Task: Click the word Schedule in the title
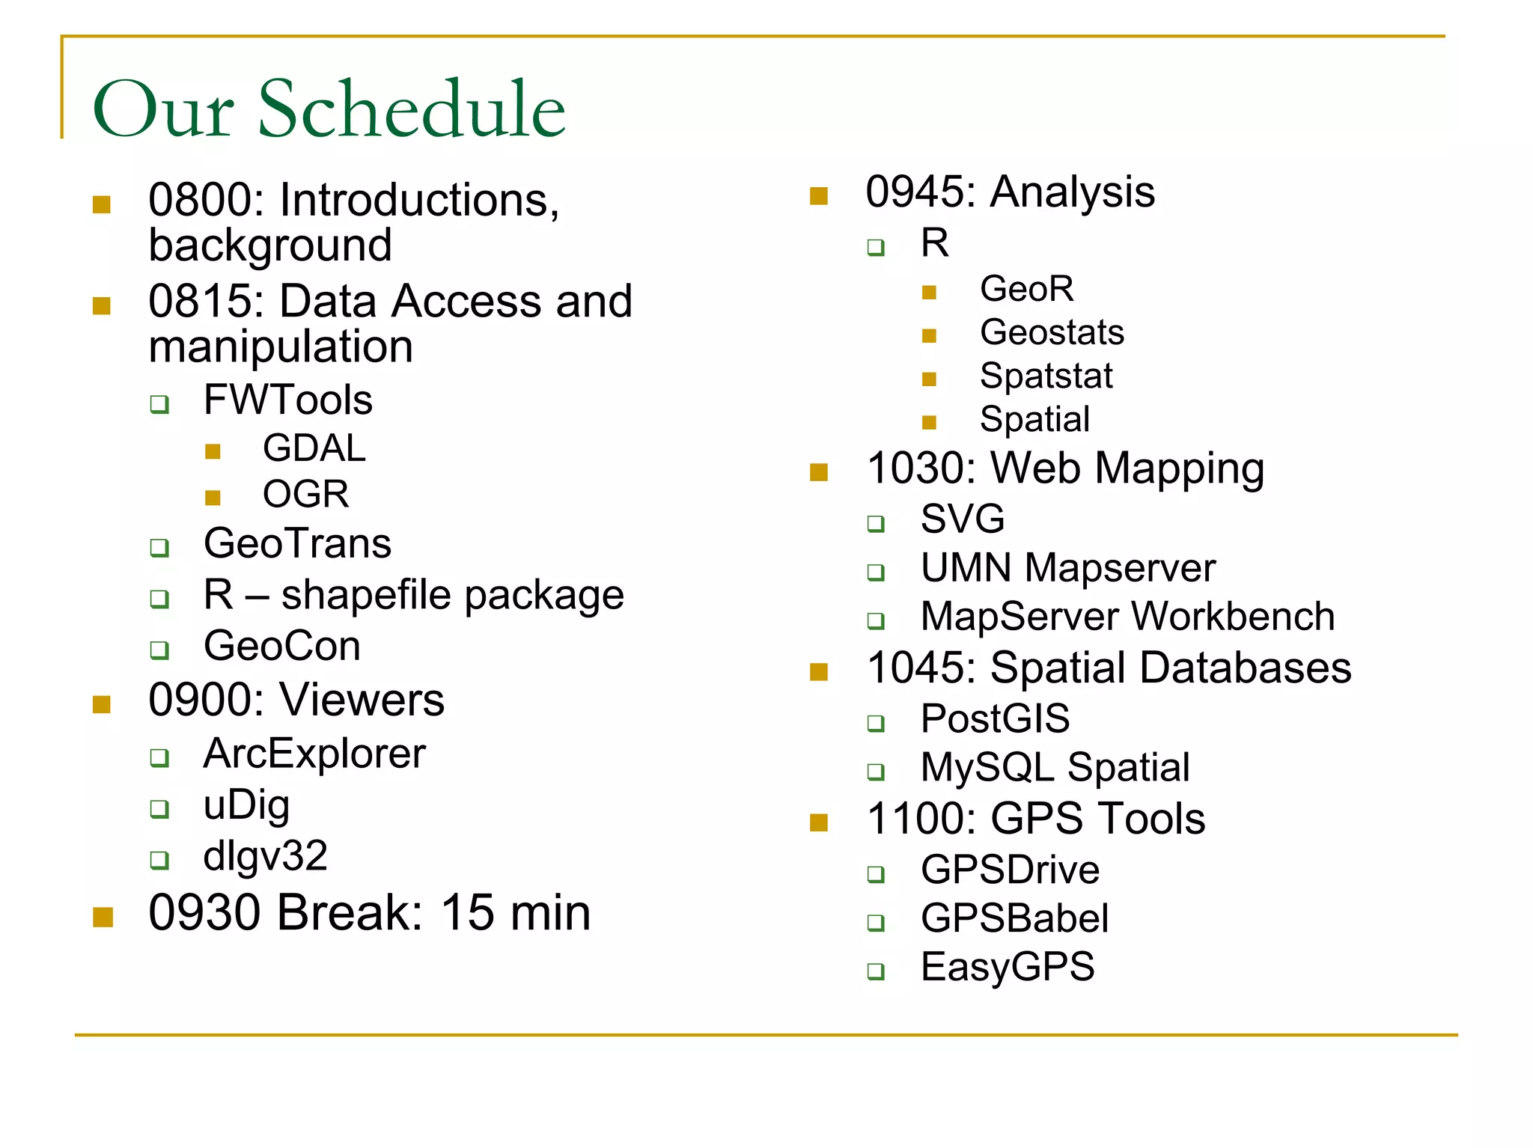tap(411, 109)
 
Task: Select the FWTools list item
tap(287, 400)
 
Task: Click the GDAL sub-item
tap(314, 448)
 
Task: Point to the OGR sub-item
tap(305, 494)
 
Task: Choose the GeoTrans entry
tap(297, 543)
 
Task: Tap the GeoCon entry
tap(281, 646)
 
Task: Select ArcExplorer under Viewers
tap(314, 754)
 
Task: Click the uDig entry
tap(246, 806)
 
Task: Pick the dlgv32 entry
tap(265, 855)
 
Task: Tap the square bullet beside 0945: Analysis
tap(819, 196)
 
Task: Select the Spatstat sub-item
tap(1046, 376)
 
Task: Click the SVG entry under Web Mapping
tap(962, 519)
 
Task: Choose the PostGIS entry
tap(995, 718)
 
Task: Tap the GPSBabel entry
tap(1014, 918)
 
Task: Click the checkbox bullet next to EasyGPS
tap(876, 971)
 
